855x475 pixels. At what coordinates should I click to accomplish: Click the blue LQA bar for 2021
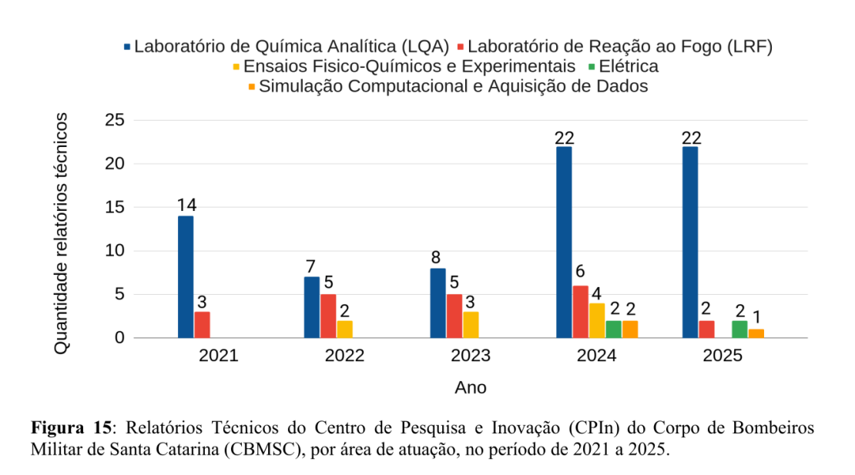[x=186, y=276]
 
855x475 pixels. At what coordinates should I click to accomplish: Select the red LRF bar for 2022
[x=328, y=316]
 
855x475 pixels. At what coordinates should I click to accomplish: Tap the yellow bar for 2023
[x=471, y=324]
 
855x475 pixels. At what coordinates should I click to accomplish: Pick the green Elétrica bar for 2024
[x=613, y=329]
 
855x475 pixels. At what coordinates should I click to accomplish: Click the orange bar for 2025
[x=756, y=333]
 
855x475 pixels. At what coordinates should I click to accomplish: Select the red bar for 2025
[x=707, y=329]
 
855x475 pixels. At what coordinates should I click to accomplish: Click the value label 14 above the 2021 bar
[x=186, y=206]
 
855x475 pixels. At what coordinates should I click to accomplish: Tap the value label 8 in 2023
[x=438, y=258]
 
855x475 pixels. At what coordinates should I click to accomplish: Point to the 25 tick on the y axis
[x=114, y=120]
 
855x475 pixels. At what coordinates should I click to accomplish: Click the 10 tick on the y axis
[x=114, y=251]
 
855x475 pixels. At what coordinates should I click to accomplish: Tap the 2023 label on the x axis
[x=471, y=356]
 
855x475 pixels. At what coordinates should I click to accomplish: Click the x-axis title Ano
[x=470, y=387]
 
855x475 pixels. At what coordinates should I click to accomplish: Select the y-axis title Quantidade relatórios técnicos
[x=62, y=232]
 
